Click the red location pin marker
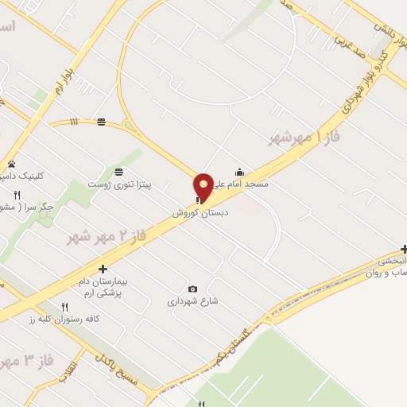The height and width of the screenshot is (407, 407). (x=204, y=185)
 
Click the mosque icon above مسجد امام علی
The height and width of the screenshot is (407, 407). (x=239, y=172)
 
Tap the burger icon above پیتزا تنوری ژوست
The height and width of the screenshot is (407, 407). (x=118, y=172)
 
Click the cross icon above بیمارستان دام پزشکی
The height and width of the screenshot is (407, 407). (x=103, y=269)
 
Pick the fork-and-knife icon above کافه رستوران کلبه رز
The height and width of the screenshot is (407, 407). (x=65, y=307)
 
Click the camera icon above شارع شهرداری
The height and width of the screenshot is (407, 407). (x=192, y=289)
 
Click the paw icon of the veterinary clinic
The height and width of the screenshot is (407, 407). (x=11, y=164)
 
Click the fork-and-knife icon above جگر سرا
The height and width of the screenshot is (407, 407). (x=17, y=195)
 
